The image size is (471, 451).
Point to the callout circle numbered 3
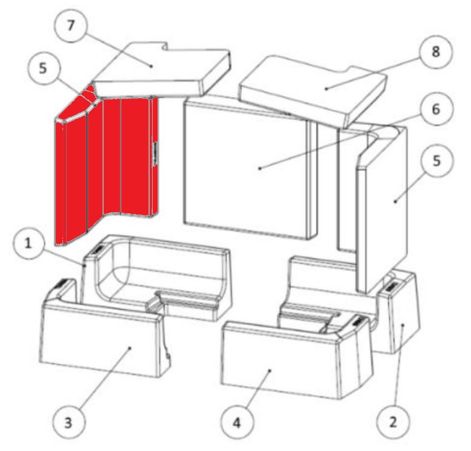[69, 421]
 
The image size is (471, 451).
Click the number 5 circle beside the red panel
[42, 68]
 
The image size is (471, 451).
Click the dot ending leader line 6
[260, 168]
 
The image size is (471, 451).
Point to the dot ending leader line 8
[326, 89]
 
